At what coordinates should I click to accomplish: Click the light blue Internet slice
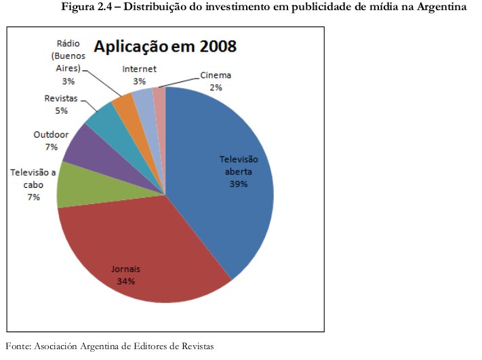[x=144, y=98]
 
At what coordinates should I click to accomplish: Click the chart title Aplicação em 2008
[x=165, y=47]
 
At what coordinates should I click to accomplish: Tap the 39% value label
[x=238, y=184]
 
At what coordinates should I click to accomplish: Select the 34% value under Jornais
[x=125, y=281]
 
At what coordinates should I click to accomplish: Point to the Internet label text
[x=140, y=69]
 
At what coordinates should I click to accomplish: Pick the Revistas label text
[x=61, y=99]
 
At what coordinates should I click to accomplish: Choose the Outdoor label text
[x=51, y=135]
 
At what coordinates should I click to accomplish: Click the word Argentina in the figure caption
[x=440, y=7]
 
